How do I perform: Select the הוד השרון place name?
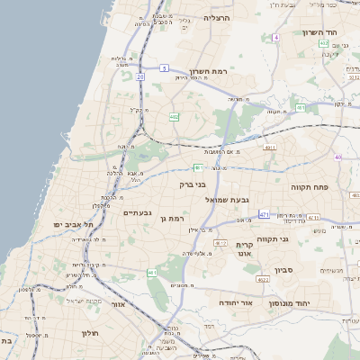pos(320,32)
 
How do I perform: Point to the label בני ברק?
pos(193,184)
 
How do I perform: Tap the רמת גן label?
pos(170,218)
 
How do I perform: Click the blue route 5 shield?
pos(164,67)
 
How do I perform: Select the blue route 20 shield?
pos(140,76)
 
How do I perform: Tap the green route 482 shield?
pos(174,117)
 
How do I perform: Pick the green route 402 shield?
pos(198,166)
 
